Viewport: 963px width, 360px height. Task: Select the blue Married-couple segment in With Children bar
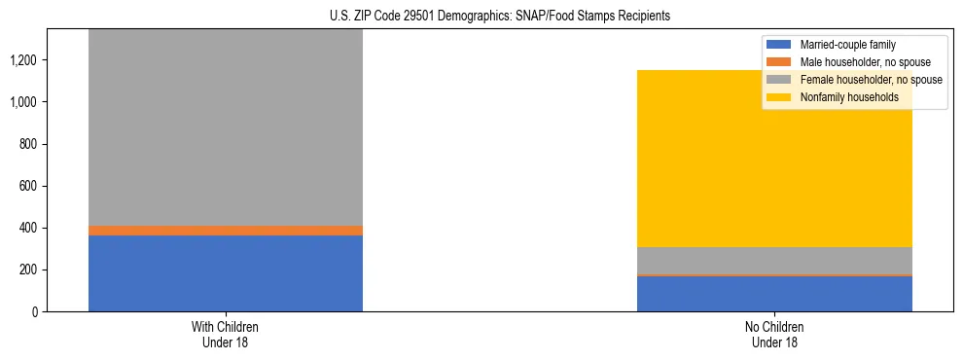pyautogui.click(x=226, y=273)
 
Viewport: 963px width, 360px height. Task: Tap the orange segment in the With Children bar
pyautogui.click(x=226, y=231)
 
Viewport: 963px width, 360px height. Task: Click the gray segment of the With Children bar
pyautogui.click(x=226, y=126)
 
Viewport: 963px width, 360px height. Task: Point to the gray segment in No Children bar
pyautogui.click(x=774, y=261)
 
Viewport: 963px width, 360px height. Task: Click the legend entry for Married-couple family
pyautogui.click(x=847, y=45)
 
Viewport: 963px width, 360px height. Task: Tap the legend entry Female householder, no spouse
pyautogui.click(x=865, y=80)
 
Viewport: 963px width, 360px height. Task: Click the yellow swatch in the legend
pyautogui.click(x=779, y=97)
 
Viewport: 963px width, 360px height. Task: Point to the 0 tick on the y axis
pyautogui.click(x=34, y=311)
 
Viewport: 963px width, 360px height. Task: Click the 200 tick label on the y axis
pyautogui.click(x=28, y=270)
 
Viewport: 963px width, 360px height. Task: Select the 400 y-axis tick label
pyautogui.click(x=28, y=228)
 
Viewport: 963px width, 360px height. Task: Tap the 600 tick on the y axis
pyautogui.click(x=28, y=186)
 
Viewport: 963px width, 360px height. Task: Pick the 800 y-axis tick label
pyautogui.click(x=28, y=144)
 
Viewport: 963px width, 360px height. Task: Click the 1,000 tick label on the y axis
pyautogui.click(x=24, y=102)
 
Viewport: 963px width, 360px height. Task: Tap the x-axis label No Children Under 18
pyautogui.click(x=774, y=335)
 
